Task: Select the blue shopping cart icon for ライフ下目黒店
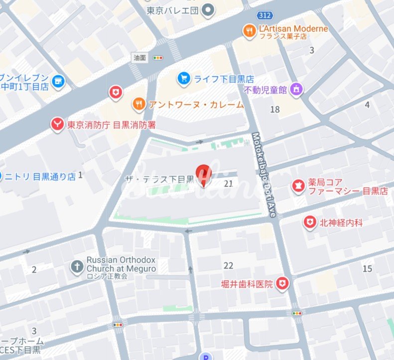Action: click(184, 78)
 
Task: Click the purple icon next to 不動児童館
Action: click(297, 90)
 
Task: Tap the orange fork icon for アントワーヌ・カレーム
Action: click(138, 104)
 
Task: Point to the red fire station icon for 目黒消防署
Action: click(57, 124)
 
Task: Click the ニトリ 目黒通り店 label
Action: click(40, 176)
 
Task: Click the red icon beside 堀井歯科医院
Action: click(283, 284)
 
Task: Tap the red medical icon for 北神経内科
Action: click(310, 222)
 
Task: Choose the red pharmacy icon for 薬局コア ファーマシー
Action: click(298, 186)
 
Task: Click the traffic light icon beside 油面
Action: click(158, 58)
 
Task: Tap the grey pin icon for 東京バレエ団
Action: click(209, 9)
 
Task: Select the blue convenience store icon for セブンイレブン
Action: click(59, 81)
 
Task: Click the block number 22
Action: click(228, 265)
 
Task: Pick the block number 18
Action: click(274, 109)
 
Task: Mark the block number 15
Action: click(367, 269)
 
